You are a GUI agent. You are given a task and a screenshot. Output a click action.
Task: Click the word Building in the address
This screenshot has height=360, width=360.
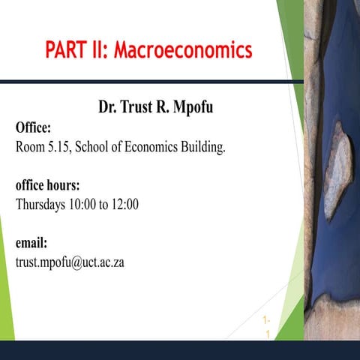201,146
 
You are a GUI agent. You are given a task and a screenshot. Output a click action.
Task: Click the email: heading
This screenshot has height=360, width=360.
31,243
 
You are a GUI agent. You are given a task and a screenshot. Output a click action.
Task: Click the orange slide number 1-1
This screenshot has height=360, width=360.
267,327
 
